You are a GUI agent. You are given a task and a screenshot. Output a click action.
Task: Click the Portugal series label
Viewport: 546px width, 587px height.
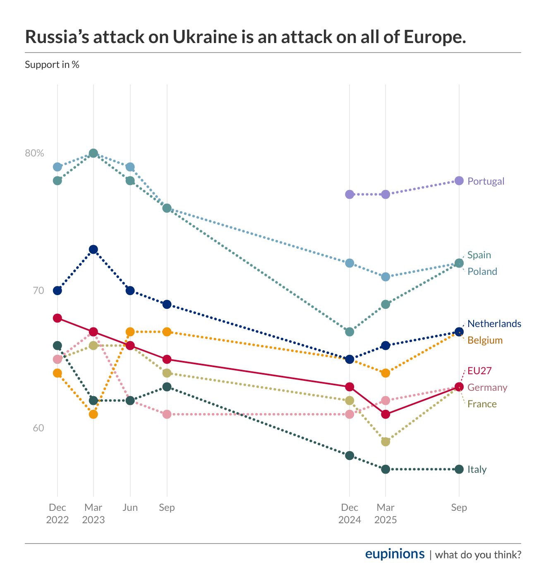(x=486, y=181)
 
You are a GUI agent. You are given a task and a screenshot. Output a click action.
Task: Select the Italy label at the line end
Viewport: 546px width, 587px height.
(x=477, y=469)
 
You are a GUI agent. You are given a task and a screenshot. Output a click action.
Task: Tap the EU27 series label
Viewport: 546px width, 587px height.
(x=479, y=371)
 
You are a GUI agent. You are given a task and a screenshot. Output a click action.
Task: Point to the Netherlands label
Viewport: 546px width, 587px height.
(x=494, y=324)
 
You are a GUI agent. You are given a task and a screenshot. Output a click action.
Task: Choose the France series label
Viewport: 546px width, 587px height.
(x=482, y=404)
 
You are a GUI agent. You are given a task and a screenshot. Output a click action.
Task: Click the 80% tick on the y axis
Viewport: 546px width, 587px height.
(x=34, y=153)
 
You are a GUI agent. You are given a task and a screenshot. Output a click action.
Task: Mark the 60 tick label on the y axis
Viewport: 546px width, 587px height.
(x=38, y=428)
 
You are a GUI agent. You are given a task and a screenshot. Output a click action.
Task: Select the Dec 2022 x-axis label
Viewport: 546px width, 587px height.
(x=57, y=513)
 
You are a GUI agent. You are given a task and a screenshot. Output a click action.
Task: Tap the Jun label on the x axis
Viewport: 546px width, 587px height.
(x=130, y=508)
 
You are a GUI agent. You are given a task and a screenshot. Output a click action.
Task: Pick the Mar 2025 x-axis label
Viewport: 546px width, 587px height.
(x=386, y=513)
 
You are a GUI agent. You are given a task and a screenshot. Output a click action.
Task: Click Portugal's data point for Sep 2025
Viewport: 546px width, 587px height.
(x=459, y=180)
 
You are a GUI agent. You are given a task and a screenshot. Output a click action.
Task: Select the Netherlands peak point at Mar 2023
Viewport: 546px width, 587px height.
(x=93, y=249)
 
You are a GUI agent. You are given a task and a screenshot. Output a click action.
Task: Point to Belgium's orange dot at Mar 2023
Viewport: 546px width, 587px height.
(x=93, y=414)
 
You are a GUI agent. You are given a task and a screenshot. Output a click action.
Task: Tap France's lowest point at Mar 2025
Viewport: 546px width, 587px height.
(x=386, y=442)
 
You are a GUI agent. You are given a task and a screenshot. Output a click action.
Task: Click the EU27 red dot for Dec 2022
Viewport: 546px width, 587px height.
(x=57, y=318)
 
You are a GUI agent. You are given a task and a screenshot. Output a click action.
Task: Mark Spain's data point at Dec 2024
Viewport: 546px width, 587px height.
(x=350, y=332)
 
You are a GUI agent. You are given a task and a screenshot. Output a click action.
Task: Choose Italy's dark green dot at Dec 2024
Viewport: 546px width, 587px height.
(x=350, y=455)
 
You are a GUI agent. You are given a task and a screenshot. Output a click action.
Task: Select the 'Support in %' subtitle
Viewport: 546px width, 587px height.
(x=52, y=65)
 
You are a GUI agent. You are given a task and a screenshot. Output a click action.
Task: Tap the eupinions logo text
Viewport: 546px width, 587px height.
(x=395, y=554)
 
